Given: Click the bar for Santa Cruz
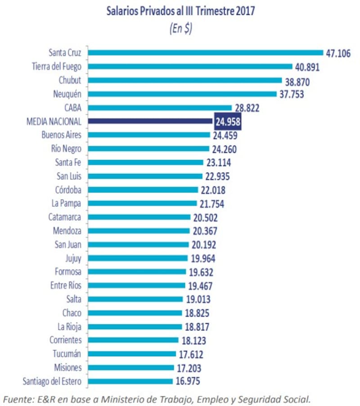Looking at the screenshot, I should pos(205,53).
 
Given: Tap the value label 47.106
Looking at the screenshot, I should pos(338,54).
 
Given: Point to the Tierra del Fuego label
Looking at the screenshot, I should pos(57,67).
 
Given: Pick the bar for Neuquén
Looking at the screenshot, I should pos(182,94).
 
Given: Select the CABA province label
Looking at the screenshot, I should pos(72,107).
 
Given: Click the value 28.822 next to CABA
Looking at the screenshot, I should pos(247,108).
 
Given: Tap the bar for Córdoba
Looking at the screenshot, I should pos(143,190).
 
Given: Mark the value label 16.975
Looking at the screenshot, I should pos(188,382).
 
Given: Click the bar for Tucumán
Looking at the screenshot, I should pos(131,354).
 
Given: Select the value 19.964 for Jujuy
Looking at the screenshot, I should pos(202,259).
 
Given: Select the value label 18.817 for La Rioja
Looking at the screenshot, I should pos(197,327).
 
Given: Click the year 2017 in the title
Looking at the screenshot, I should pos(244,11).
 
